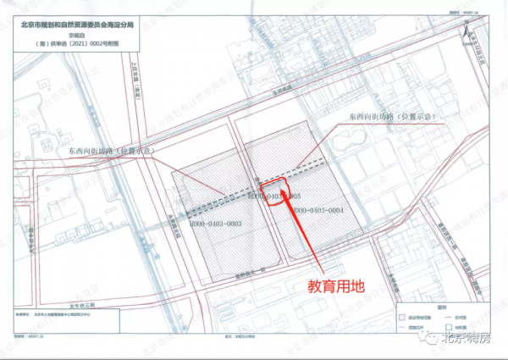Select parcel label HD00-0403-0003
click(x=216, y=223)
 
